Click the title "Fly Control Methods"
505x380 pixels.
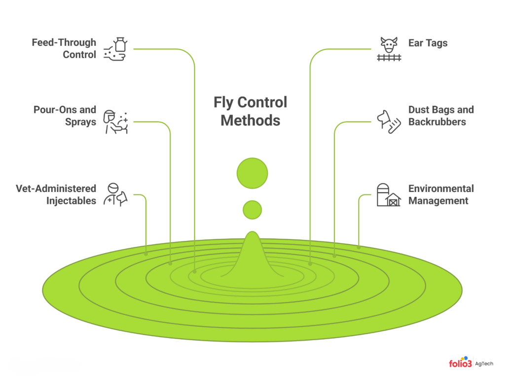coord(250,111)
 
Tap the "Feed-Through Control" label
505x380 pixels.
coord(64,48)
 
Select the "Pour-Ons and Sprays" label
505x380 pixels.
coord(65,116)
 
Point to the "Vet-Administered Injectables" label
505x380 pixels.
coord(56,194)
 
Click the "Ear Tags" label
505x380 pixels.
coord(428,43)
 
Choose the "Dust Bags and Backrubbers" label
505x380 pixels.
coord(440,116)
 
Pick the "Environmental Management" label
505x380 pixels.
coord(441,194)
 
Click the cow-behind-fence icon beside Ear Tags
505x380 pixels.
coord(389,49)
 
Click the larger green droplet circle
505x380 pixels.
coord(252,173)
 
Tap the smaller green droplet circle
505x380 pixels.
coord(252,210)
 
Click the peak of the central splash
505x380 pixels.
coord(252,233)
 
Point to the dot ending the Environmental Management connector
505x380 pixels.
coord(359,247)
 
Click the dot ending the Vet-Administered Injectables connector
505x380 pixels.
coord(146,253)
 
